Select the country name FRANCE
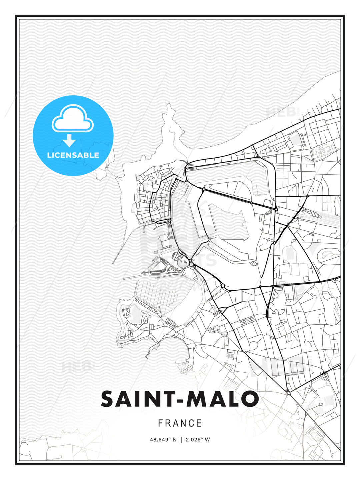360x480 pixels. click(x=180, y=423)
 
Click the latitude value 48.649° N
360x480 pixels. click(x=163, y=440)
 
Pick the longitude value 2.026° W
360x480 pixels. click(x=198, y=440)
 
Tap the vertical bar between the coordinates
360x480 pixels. click(x=181, y=440)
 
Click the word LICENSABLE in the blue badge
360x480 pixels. click(x=73, y=155)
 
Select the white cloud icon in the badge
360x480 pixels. click(x=73, y=119)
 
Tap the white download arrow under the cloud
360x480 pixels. click(x=69, y=140)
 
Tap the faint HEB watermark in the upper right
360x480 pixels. click(x=282, y=112)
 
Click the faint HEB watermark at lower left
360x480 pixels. click(x=76, y=367)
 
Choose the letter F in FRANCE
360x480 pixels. click(x=160, y=423)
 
